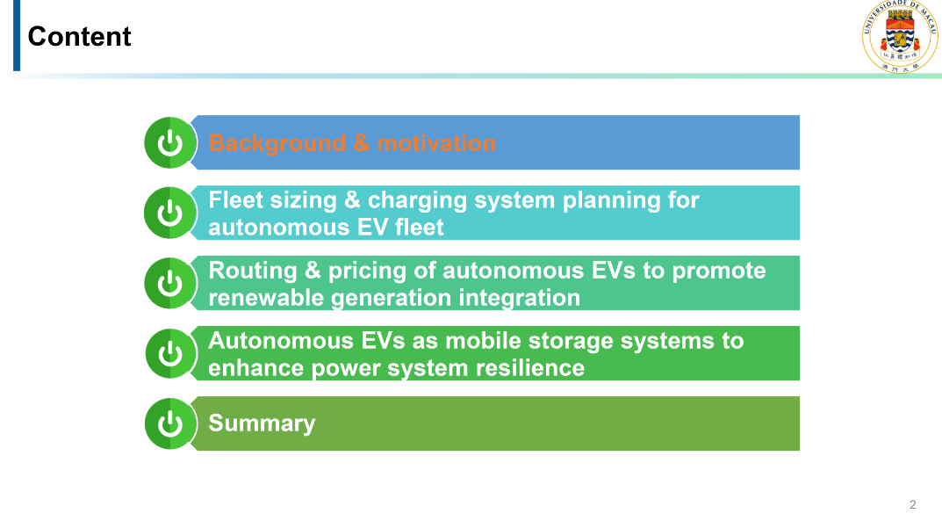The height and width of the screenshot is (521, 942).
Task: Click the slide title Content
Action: (79, 37)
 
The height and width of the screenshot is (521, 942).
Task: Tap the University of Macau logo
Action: (900, 37)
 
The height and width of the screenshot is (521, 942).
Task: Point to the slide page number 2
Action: (912, 505)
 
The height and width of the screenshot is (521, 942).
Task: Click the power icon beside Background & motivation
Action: (170, 143)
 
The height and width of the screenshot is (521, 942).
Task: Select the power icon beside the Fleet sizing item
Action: (170, 213)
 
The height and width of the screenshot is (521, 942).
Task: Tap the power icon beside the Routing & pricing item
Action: (170, 283)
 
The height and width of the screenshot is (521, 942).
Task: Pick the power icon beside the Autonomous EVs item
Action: (170, 353)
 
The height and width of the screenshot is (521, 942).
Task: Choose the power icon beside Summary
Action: (170, 423)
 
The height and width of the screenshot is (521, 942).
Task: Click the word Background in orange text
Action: (277, 143)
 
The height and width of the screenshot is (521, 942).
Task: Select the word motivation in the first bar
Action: (436, 143)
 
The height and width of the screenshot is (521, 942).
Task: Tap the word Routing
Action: (252, 271)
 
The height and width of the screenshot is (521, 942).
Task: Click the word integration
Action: (520, 299)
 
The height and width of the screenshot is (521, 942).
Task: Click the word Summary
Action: (262, 423)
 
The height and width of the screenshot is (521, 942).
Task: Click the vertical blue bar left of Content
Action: (17, 35)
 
